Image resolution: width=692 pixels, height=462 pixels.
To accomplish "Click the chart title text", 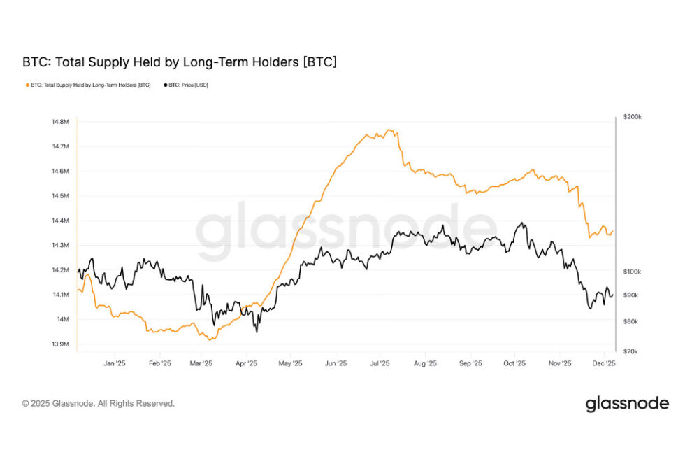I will point(180,62).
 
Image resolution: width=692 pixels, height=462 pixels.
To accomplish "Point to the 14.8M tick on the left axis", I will point(60,122).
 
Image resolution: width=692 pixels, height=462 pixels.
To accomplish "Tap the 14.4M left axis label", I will point(60,220).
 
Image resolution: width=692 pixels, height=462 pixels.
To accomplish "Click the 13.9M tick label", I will point(60,344).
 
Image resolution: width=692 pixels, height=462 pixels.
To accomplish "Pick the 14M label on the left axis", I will point(62,319).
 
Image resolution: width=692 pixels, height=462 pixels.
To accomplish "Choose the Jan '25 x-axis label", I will point(114,364).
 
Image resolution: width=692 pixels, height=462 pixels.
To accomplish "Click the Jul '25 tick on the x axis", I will point(379,364).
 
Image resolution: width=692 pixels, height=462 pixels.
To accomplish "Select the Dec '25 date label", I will point(604,364).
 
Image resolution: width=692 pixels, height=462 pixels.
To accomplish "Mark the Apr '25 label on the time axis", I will point(246,364).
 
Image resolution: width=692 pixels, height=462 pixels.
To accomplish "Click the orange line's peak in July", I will point(389,129).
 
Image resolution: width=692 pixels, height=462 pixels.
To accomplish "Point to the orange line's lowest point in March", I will point(210,340).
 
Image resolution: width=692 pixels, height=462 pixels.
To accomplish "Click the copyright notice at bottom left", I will point(99,404).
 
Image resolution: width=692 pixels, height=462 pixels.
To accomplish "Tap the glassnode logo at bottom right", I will point(626,404).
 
